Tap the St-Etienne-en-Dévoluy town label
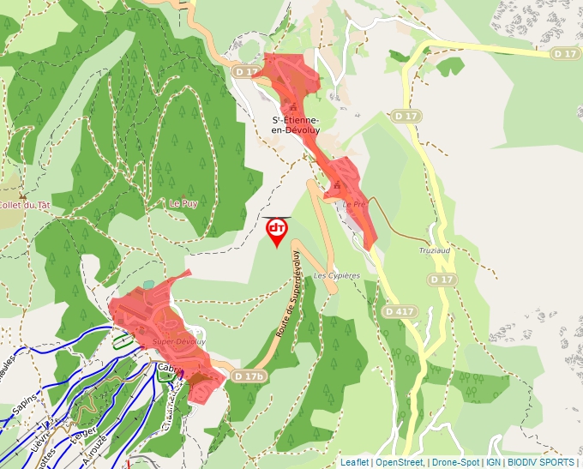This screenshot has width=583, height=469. [x=296, y=124]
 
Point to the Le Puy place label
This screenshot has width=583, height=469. [x=183, y=203]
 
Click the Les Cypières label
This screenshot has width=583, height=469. [x=336, y=275]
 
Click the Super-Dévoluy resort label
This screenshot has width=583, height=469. [x=179, y=341]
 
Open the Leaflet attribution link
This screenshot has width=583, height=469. [x=354, y=462]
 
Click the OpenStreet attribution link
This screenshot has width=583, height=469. [x=399, y=462]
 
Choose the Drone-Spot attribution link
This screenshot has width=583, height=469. [x=454, y=462]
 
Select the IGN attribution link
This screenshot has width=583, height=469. [x=493, y=462]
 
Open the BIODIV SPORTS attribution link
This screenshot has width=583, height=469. [x=540, y=462]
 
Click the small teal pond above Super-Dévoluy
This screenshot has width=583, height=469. [x=149, y=284]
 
